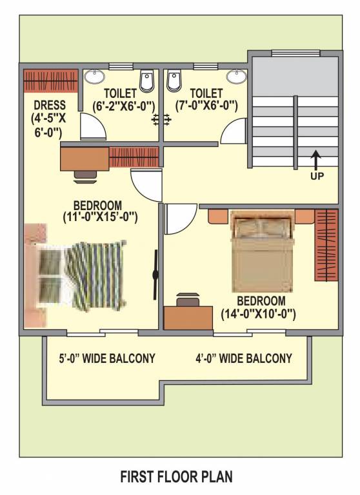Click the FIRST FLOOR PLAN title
tap(176, 477)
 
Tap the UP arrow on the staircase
tap(316, 160)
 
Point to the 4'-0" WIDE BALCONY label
tap(244, 358)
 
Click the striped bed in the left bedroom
tap(84, 274)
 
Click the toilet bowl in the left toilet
tap(147, 81)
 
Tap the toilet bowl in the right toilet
tap(174, 81)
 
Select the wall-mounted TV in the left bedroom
tap(155, 275)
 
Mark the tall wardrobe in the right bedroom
tap(326, 245)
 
